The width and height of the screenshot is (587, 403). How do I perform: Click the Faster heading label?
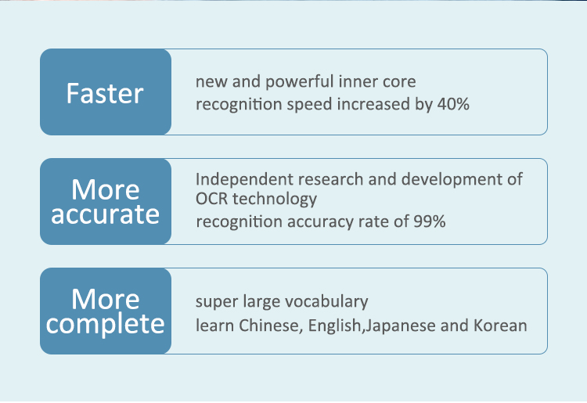[105, 93]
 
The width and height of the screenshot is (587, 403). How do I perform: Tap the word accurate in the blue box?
[105, 214]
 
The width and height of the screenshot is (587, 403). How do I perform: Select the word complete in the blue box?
[105, 324]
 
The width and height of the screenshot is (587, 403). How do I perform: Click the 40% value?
[453, 104]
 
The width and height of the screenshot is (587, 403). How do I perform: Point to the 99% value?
[430, 221]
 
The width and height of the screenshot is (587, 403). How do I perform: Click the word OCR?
[211, 199]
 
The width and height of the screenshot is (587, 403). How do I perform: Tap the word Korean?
[500, 326]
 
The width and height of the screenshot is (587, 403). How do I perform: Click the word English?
[334, 326]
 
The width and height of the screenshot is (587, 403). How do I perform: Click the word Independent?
[244, 180]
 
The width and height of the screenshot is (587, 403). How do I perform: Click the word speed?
[310, 105]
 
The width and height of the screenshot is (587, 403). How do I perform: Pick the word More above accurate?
[105, 190]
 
